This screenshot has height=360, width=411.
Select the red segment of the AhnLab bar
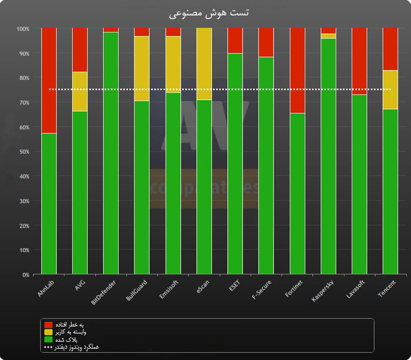tap(49, 80)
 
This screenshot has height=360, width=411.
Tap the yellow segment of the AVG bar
tap(80, 91)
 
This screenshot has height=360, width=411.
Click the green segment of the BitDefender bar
tap(111, 153)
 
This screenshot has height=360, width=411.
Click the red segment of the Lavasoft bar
tap(359, 61)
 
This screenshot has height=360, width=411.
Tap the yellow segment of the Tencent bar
tap(390, 89)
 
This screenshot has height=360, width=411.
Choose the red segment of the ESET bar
tap(235, 41)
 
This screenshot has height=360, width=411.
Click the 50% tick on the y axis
tap(22, 152)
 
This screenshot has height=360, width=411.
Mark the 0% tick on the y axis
tap(25, 275)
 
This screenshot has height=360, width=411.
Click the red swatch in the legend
tap(48, 325)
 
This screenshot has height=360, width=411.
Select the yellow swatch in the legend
tap(48, 332)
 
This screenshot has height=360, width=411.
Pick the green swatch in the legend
tap(48, 339)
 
